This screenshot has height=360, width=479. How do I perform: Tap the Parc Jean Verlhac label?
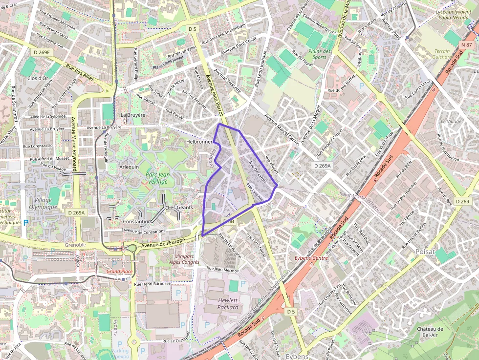click(x=157, y=178)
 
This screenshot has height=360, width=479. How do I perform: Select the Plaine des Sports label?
click(x=319, y=54)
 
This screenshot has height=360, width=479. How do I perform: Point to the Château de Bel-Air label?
click(x=430, y=332)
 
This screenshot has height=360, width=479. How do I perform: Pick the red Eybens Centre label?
click(x=311, y=260)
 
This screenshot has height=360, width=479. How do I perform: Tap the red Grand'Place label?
click(x=120, y=271)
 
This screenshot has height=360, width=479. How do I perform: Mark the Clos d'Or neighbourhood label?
click(x=38, y=78)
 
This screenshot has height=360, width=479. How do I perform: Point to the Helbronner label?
click(x=199, y=142)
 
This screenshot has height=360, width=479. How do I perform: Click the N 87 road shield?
click(x=466, y=45)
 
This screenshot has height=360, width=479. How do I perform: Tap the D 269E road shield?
click(x=43, y=51)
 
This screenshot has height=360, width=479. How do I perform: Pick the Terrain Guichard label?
click(x=443, y=54)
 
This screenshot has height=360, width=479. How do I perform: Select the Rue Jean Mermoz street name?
click(x=222, y=269)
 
